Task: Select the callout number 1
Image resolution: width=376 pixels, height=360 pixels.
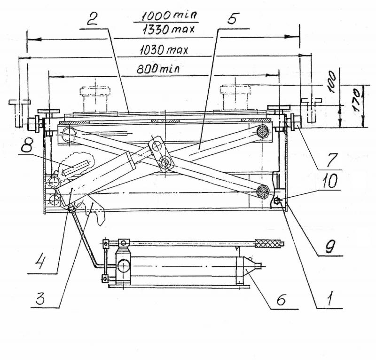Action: pyautogui.click(x=330, y=298)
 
